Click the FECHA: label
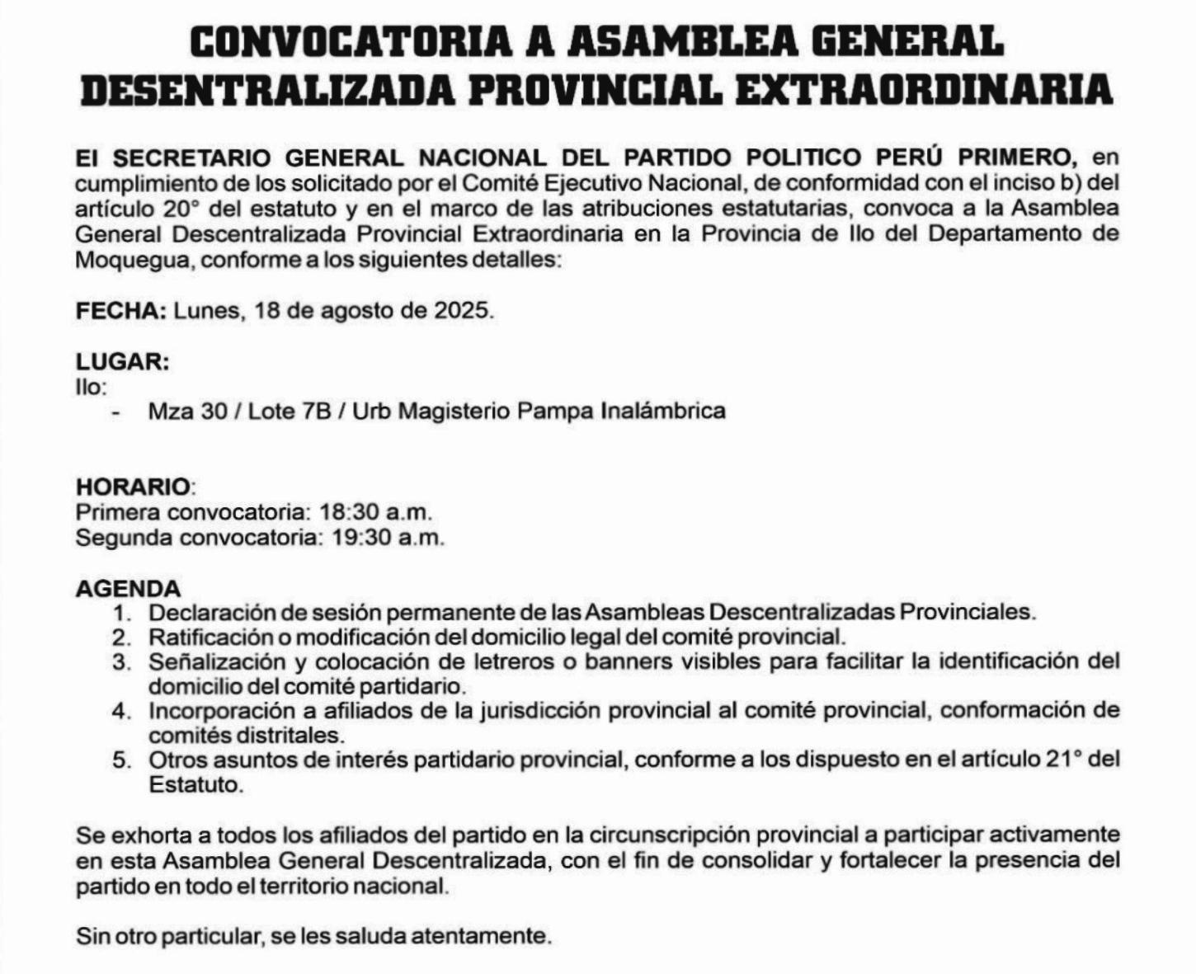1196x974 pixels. pyautogui.click(x=121, y=311)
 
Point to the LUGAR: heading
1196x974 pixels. pyautogui.click(x=123, y=362)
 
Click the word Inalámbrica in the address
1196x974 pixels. pyautogui.click(x=663, y=411)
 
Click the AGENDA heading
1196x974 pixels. pyautogui.click(x=128, y=589)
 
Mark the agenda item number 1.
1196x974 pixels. pyautogui.click(x=123, y=614)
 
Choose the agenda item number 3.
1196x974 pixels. pyautogui.click(x=123, y=662)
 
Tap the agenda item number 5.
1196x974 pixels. pyautogui.click(x=123, y=760)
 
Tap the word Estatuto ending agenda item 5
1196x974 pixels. pyautogui.click(x=196, y=784)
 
